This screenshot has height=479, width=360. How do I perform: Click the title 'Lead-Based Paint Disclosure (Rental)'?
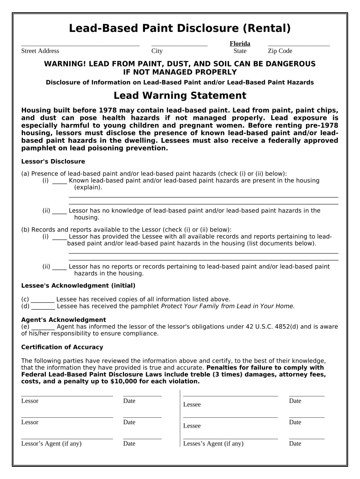tap(180, 29)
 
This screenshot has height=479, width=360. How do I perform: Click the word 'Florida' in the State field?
tap(240, 44)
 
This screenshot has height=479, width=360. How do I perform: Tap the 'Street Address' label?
tap(40, 51)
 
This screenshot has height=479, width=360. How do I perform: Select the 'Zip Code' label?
tap(280, 51)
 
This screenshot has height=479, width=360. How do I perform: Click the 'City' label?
tap(157, 51)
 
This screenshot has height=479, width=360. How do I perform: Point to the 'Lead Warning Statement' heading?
tap(180, 95)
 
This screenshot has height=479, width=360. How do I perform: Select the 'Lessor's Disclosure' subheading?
tap(53, 161)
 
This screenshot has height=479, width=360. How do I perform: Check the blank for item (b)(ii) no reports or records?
tap(59, 267)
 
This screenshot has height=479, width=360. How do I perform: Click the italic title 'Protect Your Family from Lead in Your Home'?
tap(228, 306)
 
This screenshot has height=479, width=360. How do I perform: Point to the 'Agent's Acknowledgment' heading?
tap(64, 320)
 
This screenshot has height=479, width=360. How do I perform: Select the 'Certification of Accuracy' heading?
tap(62, 347)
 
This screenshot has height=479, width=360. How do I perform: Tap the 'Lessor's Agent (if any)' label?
tap(51, 443)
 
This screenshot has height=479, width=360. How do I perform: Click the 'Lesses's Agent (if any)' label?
tap(213, 443)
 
